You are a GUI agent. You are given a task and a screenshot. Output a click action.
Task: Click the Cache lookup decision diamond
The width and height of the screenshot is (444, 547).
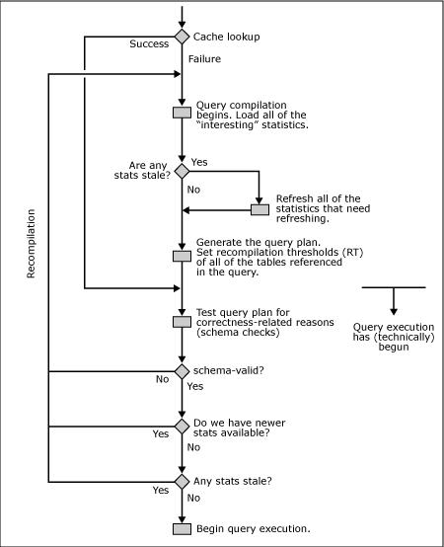tap(182, 37)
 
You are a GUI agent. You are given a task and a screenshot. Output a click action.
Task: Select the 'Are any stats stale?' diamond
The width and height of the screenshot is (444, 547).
tap(182, 171)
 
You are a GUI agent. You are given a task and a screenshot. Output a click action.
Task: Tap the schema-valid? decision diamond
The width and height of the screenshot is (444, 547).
tap(182, 371)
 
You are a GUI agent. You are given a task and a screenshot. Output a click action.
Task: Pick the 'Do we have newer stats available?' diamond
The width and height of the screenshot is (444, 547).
tap(182, 427)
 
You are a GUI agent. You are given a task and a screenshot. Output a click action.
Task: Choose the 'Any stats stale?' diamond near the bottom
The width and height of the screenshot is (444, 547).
tap(182, 482)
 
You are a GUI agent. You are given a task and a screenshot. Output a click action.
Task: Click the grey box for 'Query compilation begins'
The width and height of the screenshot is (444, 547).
tap(182, 113)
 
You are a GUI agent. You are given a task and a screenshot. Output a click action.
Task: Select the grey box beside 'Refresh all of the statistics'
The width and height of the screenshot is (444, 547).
tap(260, 209)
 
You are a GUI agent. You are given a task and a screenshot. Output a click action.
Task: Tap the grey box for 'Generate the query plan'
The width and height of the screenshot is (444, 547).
tap(182, 256)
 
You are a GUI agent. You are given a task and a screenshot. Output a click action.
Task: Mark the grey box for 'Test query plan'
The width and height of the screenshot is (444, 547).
tap(182, 322)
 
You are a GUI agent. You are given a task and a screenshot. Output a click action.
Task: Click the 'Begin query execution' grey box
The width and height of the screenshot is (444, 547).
tap(182, 529)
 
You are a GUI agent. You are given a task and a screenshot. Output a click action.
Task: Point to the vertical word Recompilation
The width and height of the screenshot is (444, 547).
tap(31, 244)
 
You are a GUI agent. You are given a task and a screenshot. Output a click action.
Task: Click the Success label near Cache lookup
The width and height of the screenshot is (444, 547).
tap(149, 44)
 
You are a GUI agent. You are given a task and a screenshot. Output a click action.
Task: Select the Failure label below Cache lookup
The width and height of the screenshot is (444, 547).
tap(204, 59)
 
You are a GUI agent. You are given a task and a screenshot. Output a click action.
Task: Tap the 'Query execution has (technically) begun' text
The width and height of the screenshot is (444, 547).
tap(394, 337)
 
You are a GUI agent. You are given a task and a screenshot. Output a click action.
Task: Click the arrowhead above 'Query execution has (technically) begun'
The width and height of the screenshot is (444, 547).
tap(394, 312)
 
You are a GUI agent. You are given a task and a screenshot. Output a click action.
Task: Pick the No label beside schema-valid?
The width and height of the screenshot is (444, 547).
tap(163, 379)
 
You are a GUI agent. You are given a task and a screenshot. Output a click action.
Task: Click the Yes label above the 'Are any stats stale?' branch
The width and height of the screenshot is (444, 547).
tap(199, 162)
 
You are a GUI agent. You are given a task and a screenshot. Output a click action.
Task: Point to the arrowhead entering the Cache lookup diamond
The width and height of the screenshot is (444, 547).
tap(182, 24)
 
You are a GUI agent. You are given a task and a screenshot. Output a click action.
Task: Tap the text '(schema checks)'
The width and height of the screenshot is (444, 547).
tap(238, 332)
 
